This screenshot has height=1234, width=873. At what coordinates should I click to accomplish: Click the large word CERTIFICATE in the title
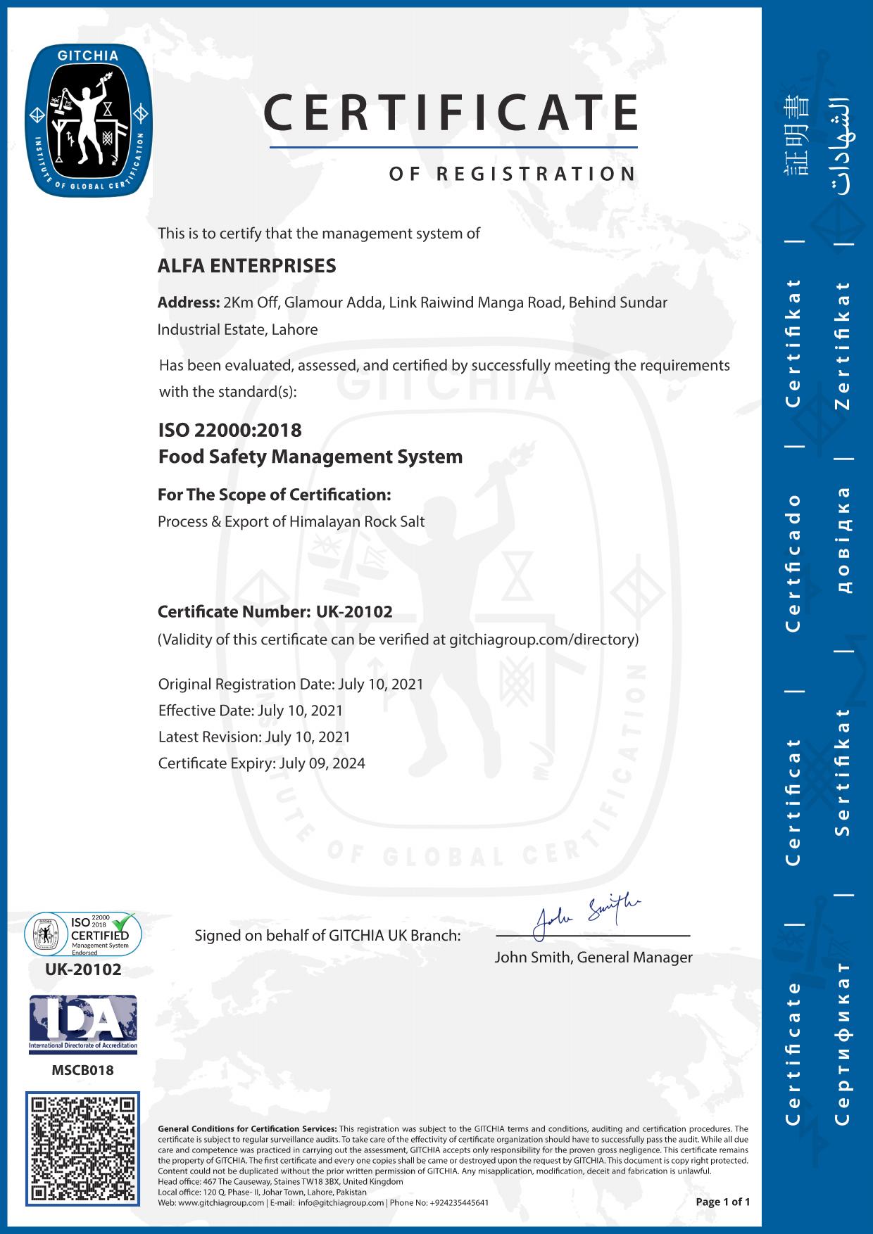coord(451,113)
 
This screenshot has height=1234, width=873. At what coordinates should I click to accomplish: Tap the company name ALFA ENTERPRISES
coord(247,266)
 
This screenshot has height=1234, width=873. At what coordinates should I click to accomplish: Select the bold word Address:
coord(189,303)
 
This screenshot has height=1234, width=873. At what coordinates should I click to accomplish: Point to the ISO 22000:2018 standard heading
coord(230,429)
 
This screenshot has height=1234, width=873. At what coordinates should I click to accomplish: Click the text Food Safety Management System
coord(310,457)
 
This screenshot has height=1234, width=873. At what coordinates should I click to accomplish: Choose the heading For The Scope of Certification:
coord(275,495)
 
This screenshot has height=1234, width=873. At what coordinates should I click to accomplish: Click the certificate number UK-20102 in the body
coord(354,612)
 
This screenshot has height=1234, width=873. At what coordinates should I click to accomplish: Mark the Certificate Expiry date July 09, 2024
coord(322,763)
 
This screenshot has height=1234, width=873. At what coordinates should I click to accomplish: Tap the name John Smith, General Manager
coord(593,958)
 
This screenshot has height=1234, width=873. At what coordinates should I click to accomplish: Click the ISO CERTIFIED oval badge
coord(83,934)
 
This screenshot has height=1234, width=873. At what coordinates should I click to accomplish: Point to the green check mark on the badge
coord(124,920)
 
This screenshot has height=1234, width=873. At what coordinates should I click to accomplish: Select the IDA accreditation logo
coord(83,1024)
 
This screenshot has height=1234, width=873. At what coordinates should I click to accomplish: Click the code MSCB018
coord(82,1070)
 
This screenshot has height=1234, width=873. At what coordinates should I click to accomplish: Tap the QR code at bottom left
coord(83,1148)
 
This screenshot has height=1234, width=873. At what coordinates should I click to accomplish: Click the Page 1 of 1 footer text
coord(722,1202)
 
